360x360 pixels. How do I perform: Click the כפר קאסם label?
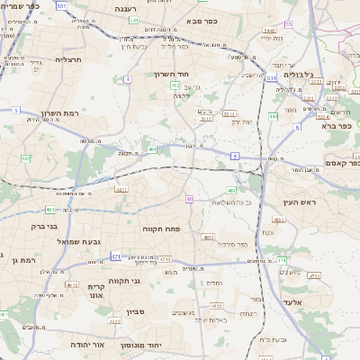coord(339,164)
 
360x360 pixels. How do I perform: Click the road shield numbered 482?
coord(25,158)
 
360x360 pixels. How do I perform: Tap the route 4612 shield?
coord(72,284)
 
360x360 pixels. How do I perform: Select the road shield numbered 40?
coord(190,199)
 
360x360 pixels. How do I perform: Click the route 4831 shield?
coord(121,190)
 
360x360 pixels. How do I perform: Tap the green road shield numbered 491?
coord(153,150)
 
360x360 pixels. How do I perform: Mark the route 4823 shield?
coord(208,238)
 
